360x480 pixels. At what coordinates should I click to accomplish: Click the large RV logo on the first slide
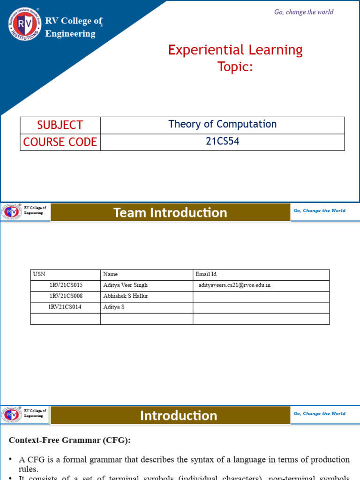25,24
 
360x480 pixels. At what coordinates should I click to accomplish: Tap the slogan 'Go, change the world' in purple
304,12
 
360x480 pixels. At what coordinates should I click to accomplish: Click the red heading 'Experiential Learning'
235,50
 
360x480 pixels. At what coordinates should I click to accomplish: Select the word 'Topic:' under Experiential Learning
235,67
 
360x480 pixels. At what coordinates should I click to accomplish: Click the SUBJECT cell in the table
60,125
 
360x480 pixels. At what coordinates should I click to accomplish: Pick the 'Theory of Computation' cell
222,124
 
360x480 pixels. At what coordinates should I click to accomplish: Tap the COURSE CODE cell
60,142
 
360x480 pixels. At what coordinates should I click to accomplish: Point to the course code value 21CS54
222,141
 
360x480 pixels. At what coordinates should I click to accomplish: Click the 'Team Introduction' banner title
170,213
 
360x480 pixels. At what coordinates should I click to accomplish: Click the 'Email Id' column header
206,274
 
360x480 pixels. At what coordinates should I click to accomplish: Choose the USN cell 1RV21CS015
66,285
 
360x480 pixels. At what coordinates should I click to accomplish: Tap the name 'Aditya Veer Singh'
125,285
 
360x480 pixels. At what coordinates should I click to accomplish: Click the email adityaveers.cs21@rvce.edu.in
234,285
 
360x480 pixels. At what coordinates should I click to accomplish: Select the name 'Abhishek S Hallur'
125,296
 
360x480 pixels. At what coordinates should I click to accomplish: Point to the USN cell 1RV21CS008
66,296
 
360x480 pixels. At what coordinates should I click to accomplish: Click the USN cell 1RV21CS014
65,307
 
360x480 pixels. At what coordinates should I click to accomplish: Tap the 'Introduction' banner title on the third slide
179,416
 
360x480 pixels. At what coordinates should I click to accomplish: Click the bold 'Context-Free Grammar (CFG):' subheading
70,440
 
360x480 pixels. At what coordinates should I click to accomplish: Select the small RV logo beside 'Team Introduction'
12,212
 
